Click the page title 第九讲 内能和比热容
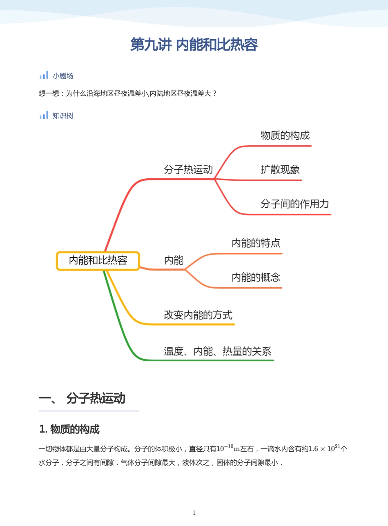194,44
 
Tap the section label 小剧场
63,76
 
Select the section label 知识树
63,116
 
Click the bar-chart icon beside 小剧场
44,75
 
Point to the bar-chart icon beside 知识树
44,115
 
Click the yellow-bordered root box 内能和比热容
98,261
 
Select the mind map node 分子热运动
188,169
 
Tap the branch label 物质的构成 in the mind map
285,135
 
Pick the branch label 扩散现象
280,169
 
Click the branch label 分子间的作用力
295,204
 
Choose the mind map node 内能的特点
256,243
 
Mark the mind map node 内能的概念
256,277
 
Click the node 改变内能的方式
198,315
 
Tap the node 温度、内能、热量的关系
218,351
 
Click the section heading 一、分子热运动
82,398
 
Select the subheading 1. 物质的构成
69,429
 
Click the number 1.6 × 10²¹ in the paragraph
324,448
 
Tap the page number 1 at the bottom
194,513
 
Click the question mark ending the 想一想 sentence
214,93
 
